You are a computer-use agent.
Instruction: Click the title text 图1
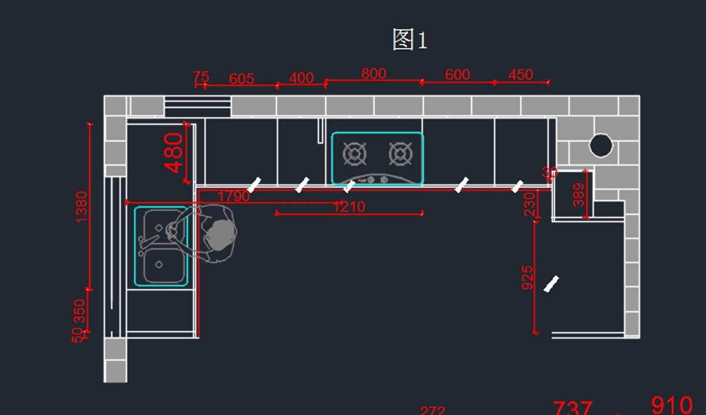[x=410, y=40]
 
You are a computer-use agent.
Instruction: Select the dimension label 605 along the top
[x=241, y=79]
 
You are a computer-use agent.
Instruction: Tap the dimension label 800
[x=374, y=73]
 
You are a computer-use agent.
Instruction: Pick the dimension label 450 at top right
[x=520, y=75]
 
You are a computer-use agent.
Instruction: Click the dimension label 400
[x=302, y=78]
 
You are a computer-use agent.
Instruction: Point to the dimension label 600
[x=457, y=75]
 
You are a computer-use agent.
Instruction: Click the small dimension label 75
[x=201, y=77]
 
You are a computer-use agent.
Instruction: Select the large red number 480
[x=175, y=153]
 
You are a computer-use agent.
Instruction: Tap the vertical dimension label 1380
[x=81, y=206]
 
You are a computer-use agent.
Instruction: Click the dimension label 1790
[x=234, y=196]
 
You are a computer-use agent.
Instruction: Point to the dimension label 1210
[x=349, y=207]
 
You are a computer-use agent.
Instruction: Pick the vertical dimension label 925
[x=528, y=277]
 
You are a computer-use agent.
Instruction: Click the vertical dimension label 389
[x=579, y=195]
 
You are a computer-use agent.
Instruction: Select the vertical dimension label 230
[x=529, y=203]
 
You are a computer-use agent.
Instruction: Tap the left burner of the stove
[x=354, y=155]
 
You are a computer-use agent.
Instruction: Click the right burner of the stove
[x=400, y=155]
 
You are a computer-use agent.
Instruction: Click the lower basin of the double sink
[x=159, y=266]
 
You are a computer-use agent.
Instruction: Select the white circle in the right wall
[x=601, y=145]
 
